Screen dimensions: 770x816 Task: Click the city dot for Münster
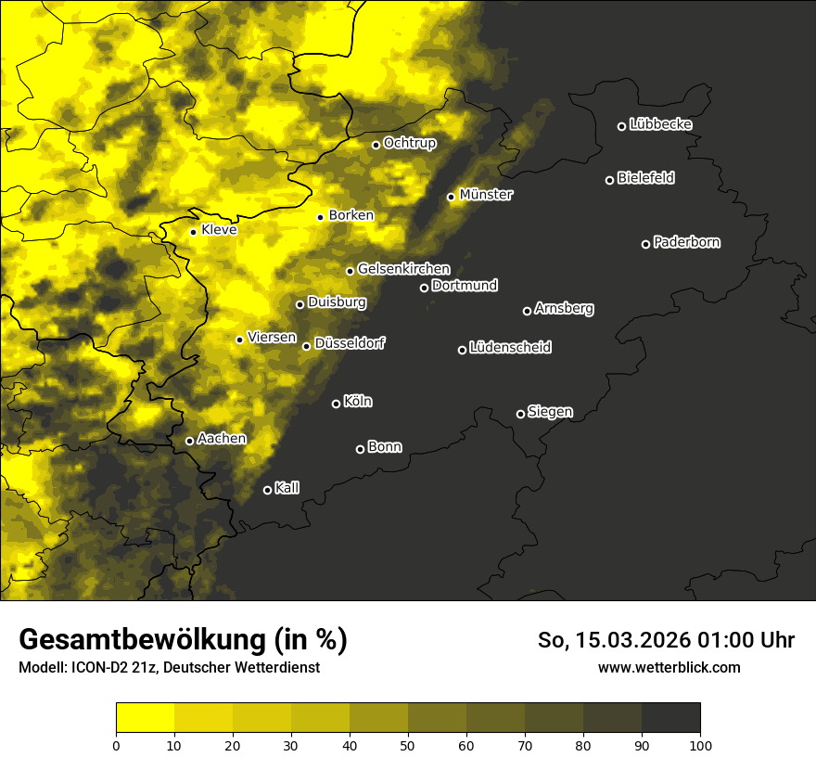pyautogui.click(x=452, y=197)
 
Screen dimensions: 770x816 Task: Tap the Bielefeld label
pyautogui.click(x=645, y=178)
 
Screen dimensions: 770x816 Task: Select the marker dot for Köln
pyautogui.click(x=336, y=404)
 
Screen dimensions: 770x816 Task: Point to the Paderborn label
pyautogui.click(x=686, y=242)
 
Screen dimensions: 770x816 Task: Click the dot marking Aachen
pyautogui.click(x=189, y=441)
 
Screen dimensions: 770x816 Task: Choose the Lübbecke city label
pyautogui.click(x=660, y=124)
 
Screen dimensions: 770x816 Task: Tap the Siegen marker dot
pyautogui.click(x=520, y=414)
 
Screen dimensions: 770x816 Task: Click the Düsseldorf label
pyautogui.click(x=350, y=343)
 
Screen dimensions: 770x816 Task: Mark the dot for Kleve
pyautogui.click(x=193, y=232)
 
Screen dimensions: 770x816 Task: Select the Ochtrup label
pyautogui.click(x=409, y=143)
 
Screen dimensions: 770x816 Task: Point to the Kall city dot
pyautogui.click(x=267, y=490)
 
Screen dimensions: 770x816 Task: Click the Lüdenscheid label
pyautogui.click(x=510, y=348)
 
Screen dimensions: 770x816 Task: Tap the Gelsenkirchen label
pyautogui.click(x=403, y=269)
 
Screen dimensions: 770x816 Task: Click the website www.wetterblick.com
pyautogui.click(x=669, y=667)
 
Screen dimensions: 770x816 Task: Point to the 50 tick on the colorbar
pyautogui.click(x=408, y=744)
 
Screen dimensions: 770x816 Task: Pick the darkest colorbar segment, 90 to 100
pyautogui.click(x=670, y=717)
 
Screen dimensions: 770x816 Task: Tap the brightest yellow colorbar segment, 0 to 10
pyautogui.click(x=145, y=717)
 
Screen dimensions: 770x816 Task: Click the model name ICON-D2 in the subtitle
pyautogui.click(x=96, y=667)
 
